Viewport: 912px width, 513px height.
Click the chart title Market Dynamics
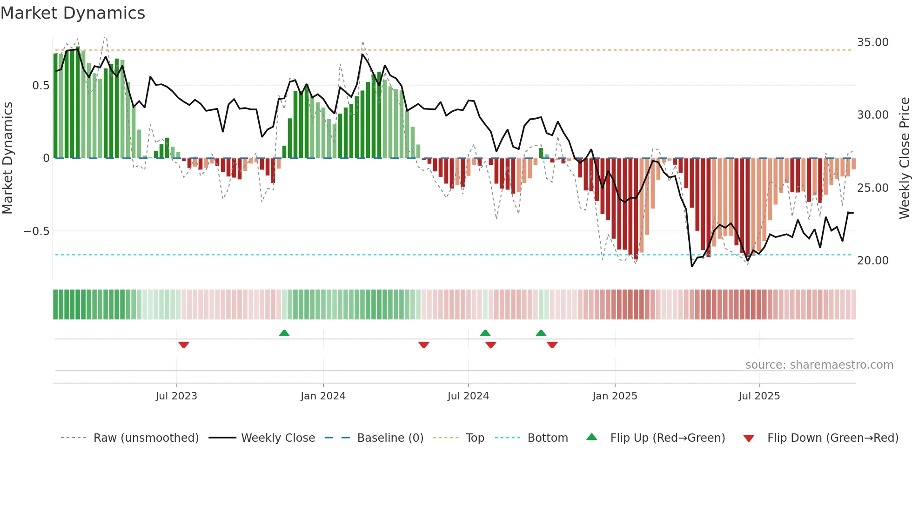point(73,13)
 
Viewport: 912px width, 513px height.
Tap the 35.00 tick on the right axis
point(872,42)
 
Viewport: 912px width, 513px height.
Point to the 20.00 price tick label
point(872,261)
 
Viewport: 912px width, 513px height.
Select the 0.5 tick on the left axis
point(40,86)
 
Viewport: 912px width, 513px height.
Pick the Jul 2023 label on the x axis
point(176,396)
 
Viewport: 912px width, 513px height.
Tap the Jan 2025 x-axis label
point(615,396)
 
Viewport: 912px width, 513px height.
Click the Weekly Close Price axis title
point(904,158)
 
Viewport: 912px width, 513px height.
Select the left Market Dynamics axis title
point(7,158)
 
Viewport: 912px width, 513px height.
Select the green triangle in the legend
point(591,437)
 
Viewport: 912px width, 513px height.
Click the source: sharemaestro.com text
point(819,365)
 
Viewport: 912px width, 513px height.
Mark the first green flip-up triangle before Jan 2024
point(284,333)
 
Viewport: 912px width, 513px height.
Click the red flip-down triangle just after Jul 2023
point(184,345)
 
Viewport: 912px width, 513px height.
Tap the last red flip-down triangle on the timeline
point(552,345)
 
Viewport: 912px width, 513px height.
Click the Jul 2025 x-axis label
point(759,396)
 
